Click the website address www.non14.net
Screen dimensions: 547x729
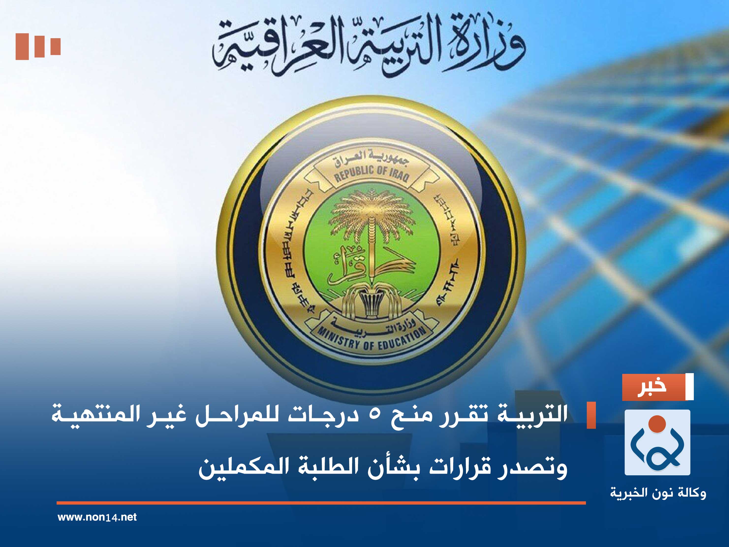pyautogui.click(x=97, y=517)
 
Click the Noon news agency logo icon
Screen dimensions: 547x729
pyautogui.click(x=657, y=442)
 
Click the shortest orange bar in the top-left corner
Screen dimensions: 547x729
pyautogui.click(x=55, y=47)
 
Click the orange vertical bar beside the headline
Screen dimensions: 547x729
pyautogui.click(x=591, y=415)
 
